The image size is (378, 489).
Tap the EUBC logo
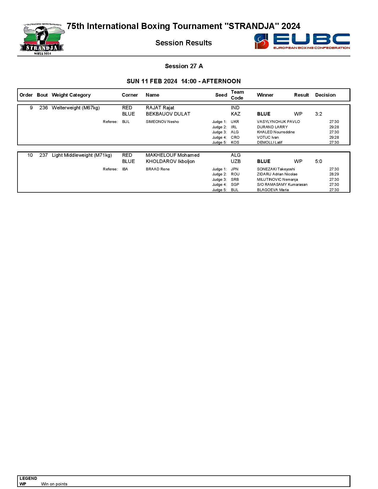point(302,41)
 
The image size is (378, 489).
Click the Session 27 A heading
point(184,66)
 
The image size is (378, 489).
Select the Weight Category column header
point(71,95)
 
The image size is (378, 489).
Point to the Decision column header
point(325,95)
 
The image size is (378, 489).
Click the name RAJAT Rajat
point(160,108)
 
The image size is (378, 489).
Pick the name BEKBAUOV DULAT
point(168,114)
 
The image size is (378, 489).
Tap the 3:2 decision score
point(318,114)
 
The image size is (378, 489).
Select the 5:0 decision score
point(318,162)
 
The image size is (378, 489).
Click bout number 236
point(44,108)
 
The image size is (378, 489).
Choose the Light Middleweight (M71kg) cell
point(82,155)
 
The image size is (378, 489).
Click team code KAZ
point(236,114)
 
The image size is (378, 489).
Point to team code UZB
point(236,162)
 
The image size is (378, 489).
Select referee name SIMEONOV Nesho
point(162,122)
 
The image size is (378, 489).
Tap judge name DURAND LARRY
point(272,127)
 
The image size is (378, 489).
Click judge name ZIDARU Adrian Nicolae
point(277,174)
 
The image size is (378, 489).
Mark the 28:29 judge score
point(334,174)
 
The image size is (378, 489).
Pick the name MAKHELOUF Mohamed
point(173,155)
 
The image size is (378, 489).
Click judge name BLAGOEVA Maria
point(273,190)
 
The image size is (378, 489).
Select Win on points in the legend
point(54,484)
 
